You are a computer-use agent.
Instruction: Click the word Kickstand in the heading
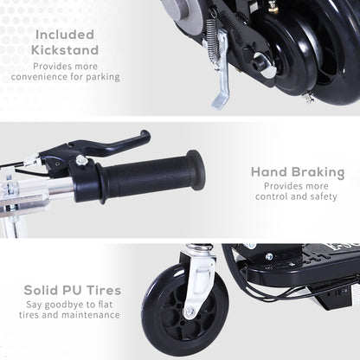(66, 49)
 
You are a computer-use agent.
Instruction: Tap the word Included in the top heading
(66, 35)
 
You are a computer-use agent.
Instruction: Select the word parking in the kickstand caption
(101, 77)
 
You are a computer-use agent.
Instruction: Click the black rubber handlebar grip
(147, 177)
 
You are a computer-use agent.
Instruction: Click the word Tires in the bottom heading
(102, 289)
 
